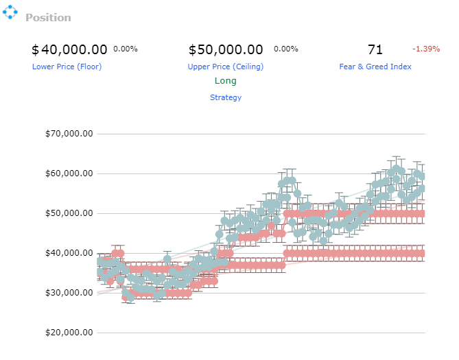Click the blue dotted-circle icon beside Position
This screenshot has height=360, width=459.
point(10,12)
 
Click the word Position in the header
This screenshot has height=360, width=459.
point(48,18)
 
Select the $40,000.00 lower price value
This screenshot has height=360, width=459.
point(69,50)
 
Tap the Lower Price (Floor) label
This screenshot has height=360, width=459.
point(67,67)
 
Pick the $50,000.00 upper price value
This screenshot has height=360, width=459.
point(226,50)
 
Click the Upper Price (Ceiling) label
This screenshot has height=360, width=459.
point(226,67)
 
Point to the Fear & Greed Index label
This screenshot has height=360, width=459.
point(375,67)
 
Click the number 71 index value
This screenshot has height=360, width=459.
point(375,50)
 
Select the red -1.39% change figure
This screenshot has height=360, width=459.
point(426,49)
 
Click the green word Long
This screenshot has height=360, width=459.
point(226,81)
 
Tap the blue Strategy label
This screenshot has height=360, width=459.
point(226,97)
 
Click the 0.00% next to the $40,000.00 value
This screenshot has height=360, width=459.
point(126,49)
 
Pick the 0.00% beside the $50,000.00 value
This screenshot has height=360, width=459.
point(286,49)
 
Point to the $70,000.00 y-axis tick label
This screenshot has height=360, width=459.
point(69,134)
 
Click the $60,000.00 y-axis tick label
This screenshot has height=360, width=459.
point(69,173)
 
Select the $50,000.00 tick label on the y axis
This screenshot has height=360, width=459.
point(69,213)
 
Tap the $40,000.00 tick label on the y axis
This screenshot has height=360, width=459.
point(69,253)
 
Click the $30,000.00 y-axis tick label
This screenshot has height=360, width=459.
point(69,293)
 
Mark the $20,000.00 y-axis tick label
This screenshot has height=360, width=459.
point(69,333)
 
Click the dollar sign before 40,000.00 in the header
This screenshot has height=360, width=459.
point(35,50)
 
